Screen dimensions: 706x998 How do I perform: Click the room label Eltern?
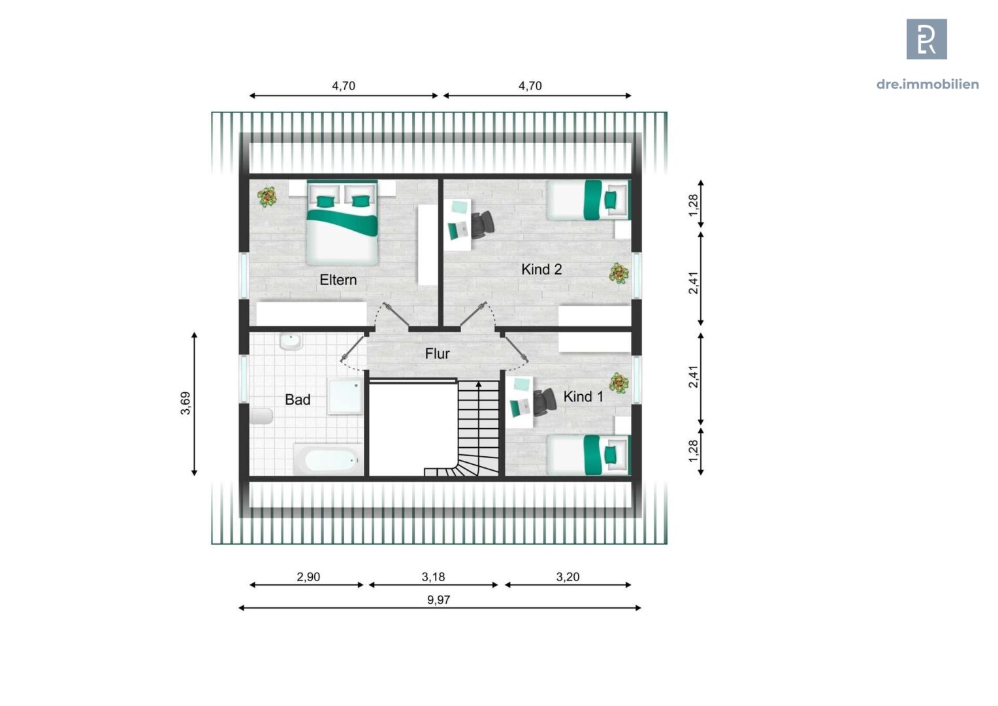click(338, 280)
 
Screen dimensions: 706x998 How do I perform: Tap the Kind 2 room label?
click(541, 269)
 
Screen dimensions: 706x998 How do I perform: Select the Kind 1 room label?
click(583, 397)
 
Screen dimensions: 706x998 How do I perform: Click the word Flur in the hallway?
click(437, 354)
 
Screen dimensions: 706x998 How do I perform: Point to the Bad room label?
click(297, 399)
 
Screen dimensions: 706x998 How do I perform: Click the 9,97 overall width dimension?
click(438, 599)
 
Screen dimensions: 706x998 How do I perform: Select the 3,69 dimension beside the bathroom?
click(186, 403)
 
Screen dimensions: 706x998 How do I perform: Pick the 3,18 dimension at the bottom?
click(433, 577)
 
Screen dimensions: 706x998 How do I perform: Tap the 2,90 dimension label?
click(308, 577)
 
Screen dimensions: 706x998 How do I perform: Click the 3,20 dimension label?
click(568, 577)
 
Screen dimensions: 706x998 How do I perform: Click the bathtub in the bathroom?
click(327, 460)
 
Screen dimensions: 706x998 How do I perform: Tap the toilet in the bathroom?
click(261, 416)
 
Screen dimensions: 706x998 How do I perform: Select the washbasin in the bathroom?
click(290, 342)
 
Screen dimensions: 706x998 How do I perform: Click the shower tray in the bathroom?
click(344, 397)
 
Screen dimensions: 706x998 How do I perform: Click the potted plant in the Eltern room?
click(267, 197)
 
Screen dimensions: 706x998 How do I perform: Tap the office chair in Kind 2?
click(483, 224)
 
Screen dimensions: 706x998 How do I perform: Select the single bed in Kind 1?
click(587, 454)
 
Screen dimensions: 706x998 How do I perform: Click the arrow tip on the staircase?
click(479, 384)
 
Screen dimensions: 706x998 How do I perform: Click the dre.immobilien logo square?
click(926, 39)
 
